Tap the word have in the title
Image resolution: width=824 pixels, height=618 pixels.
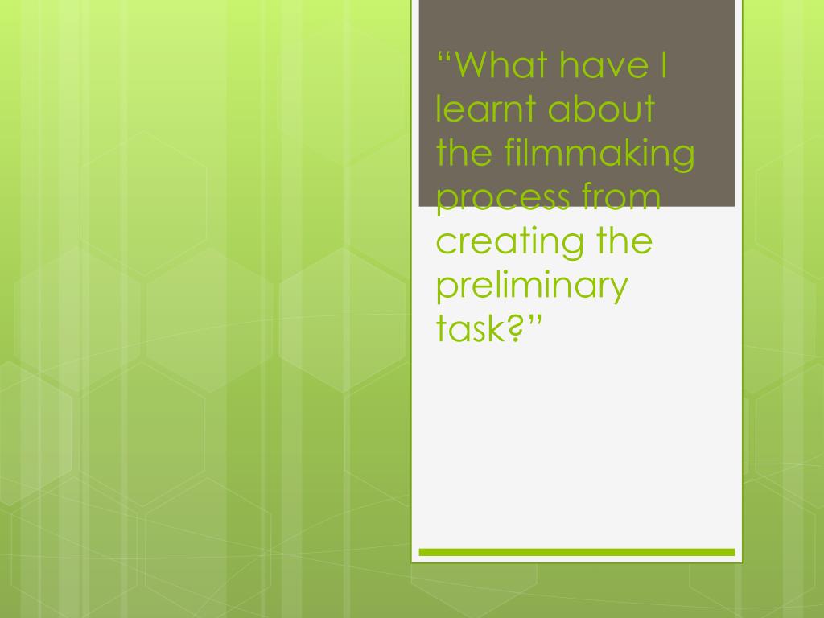pos(603,64)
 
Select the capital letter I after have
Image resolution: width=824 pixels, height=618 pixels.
pos(664,64)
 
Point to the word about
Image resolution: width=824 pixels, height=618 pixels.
pos(601,109)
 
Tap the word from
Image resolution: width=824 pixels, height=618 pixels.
pos(621,196)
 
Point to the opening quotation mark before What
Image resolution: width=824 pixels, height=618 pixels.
pos(444,56)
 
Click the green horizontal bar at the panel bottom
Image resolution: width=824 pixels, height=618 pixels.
pos(576,552)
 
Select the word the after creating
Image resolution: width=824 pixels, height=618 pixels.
pos(624,241)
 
